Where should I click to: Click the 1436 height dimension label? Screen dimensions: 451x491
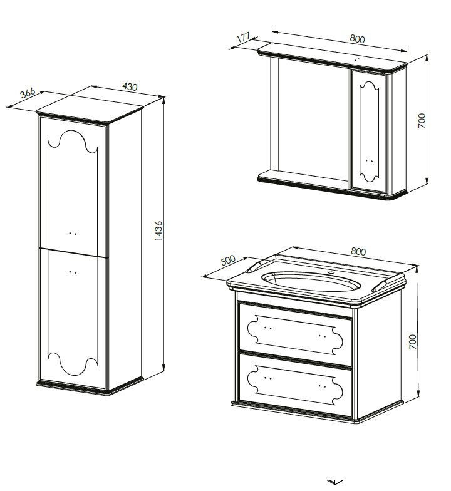[x=158, y=230]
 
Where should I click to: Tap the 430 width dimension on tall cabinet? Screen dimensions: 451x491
[x=130, y=86]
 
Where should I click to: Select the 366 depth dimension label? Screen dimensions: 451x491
[x=28, y=93]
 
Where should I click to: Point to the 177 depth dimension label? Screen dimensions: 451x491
[x=243, y=38]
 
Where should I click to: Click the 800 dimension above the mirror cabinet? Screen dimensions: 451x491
[x=357, y=39]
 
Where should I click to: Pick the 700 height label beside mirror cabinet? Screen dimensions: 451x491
[x=422, y=120]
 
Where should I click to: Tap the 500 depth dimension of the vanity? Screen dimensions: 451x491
[x=228, y=260]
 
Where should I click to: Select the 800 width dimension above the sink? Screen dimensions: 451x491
[x=358, y=251]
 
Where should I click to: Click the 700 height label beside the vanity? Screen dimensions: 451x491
[x=413, y=341]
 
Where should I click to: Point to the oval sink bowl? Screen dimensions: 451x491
[x=311, y=281]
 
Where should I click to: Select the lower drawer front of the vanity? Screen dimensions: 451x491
[x=295, y=385]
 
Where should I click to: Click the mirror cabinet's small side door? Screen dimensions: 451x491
[x=369, y=131]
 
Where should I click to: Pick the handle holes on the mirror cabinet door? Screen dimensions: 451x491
[x=369, y=161]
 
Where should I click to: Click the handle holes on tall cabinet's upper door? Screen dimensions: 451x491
[x=73, y=233]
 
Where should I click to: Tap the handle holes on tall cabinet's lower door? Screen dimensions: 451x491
[x=73, y=272]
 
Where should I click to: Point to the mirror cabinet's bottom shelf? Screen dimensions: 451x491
[x=303, y=179]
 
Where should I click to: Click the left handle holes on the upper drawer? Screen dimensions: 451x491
[x=268, y=328]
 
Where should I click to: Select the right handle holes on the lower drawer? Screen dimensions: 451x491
[x=322, y=386]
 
